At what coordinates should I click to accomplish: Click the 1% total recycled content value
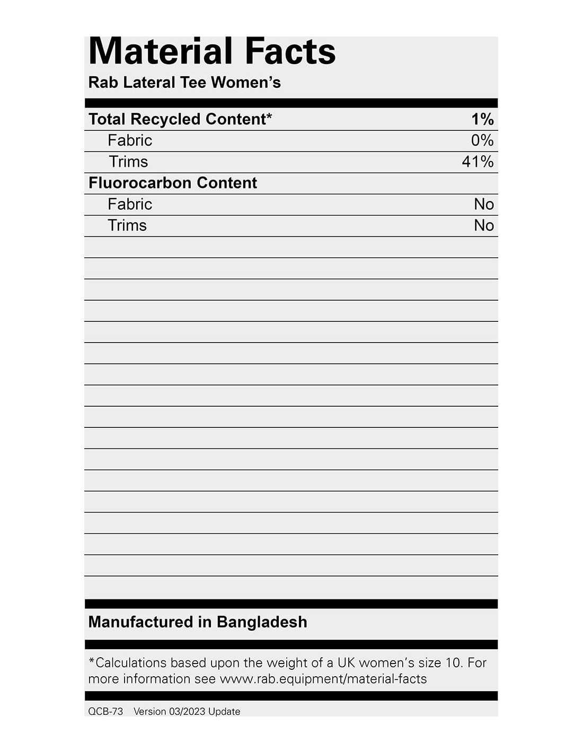pyautogui.click(x=482, y=119)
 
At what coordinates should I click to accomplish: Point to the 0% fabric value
pyautogui.click(x=482, y=140)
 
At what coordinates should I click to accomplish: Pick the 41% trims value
pyautogui.click(x=478, y=162)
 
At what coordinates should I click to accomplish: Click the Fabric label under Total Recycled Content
pyautogui.click(x=130, y=140)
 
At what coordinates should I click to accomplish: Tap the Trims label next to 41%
pyautogui.click(x=128, y=162)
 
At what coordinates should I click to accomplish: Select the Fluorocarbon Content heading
pyautogui.click(x=173, y=183)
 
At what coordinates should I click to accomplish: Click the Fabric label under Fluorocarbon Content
pyautogui.click(x=130, y=204)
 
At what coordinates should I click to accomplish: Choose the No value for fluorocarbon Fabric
pyautogui.click(x=484, y=204)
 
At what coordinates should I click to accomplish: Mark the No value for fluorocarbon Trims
pyautogui.click(x=484, y=225)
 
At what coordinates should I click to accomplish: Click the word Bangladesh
pyautogui.click(x=262, y=622)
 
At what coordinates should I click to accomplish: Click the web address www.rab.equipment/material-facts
pyautogui.click(x=323, y=679)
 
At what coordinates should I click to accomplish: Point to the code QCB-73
pyautogui.click(x=105, y=711)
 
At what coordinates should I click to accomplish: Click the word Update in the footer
pyautogui.click(x=224, y=711)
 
